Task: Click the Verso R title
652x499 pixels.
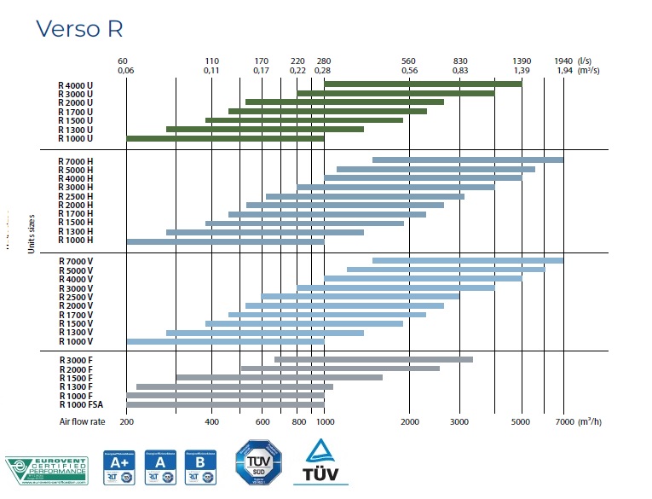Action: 80,28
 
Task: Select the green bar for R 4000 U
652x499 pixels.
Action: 422,84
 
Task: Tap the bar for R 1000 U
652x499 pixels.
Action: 225,138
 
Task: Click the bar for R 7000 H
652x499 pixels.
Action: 468,160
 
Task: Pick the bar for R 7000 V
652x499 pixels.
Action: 468,260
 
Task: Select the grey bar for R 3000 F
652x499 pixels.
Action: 373,359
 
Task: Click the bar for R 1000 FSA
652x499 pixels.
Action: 225,404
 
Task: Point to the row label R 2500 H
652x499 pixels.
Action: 76,196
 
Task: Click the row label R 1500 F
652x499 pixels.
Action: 76,378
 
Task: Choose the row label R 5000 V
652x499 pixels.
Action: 76,270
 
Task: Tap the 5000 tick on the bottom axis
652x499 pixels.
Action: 522,422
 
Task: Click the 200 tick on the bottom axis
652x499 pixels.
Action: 126,422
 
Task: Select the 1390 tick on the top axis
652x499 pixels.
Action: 522,61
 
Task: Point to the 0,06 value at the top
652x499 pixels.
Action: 125,70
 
